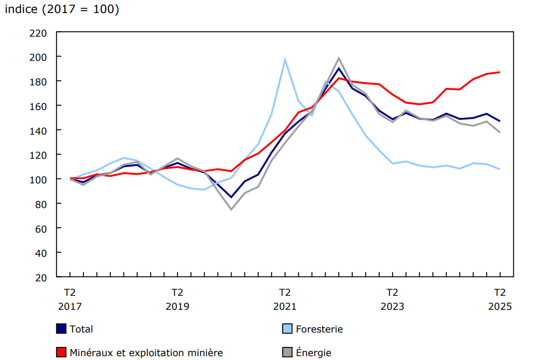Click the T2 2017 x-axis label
[70, 299]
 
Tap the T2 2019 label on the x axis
[178, 299]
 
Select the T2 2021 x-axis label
[285, 299]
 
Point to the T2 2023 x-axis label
[392, 299]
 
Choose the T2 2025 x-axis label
[499, 299]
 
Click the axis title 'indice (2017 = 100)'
[62, 10]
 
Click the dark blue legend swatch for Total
[61, 329]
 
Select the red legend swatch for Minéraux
[61, 353]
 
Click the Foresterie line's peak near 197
[285, 59]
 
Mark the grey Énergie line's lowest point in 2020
[231, 209]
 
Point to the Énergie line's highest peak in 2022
[339, 58]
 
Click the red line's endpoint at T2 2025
[499, 72]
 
